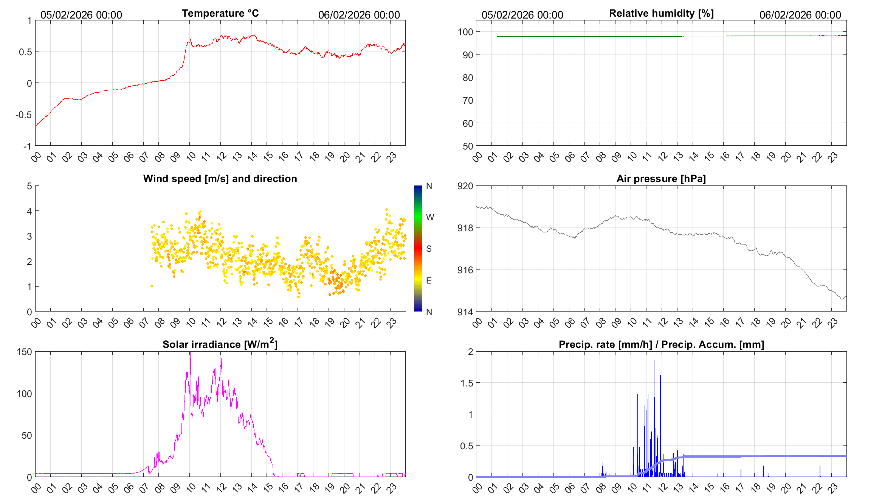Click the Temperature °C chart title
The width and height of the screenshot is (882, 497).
click(220, 13)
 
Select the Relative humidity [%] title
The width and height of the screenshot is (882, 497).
click(661, 13)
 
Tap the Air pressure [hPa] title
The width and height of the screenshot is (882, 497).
click(661, 179)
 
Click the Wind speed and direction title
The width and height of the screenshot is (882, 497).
click(220, 179)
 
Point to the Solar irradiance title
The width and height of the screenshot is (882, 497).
click(220, 344)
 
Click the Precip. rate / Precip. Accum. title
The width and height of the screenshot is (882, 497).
click(661, 344)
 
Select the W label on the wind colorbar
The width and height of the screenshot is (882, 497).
click(430, 217)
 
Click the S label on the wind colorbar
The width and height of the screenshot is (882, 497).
click(429, 249)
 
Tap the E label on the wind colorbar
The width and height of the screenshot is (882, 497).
click(429, 280)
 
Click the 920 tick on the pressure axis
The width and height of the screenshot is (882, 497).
click(465, 186)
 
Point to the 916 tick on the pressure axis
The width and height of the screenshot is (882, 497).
click(465, 270)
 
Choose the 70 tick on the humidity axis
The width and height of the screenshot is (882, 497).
click(468, 100)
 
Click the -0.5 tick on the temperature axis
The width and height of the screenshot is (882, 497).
click(23, 115)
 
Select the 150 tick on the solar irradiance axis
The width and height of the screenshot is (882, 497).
click(24, 352)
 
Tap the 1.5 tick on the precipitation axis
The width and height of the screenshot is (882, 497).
click(467, 383)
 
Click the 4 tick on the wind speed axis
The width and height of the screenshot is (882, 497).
click(29, 211)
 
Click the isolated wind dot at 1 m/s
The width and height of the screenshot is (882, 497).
click(152, 286)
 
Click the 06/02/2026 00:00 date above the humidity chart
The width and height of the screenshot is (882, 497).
click(800, 15)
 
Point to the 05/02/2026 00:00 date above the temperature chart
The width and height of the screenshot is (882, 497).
click(81, 15)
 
